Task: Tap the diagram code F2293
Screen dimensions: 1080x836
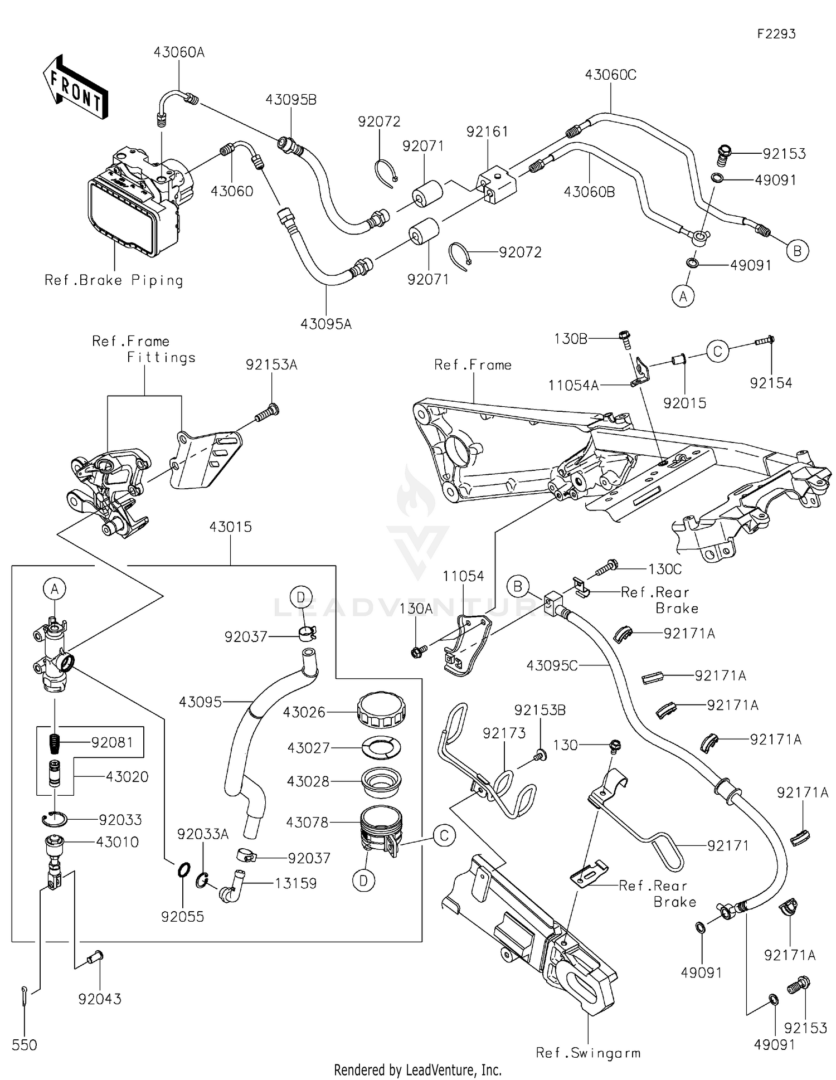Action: (x=776, y=34)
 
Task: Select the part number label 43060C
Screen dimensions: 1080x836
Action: (x=610, y=75)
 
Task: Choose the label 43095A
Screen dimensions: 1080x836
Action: (x=325, y=324)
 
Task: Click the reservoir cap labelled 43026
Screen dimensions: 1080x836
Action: (x=381, y=712)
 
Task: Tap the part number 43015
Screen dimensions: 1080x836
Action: (x=230, y=527)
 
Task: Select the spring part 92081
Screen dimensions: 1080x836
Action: (x=55, y=743)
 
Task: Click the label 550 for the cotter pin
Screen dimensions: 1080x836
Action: (x=25, y=1045)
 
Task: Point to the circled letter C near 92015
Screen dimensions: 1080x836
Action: (x=717, y=352)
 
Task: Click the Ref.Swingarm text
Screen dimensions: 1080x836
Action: (x=587, y=1053)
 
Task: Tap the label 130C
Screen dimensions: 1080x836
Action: (x=665, y=569)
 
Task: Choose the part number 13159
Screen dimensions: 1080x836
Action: (x=295, y=883)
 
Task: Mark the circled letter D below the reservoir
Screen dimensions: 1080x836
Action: (x=363, y=880)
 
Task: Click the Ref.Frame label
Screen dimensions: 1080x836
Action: (x=473, y=365)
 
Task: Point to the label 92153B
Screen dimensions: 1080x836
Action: (x=539, y=710)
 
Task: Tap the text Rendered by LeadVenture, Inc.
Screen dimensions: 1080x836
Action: (x=417, y=1069)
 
